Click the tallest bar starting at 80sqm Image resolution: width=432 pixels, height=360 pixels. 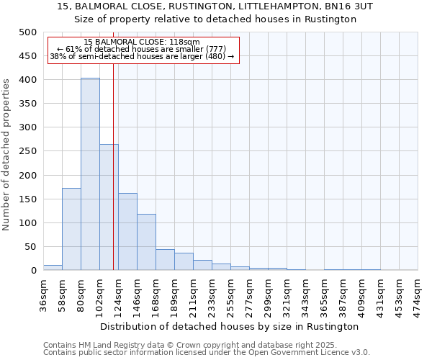pyautogui.click(x=90, y=174)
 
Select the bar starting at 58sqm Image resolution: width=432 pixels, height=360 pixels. pyautogui.click(x=71, y=229)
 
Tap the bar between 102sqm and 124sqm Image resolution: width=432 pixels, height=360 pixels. pyautogui.click(x=109, y=207)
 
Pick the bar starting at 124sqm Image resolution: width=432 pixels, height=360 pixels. pyautogui.click(x=127, y=232)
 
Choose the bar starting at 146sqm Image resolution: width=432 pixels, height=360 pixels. pyautogui.click(x=146, y=243)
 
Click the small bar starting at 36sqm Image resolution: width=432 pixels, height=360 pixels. pyautogui.click(x=53, y=268)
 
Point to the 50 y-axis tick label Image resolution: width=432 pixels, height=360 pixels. pyautogui.click(x=30, y=247)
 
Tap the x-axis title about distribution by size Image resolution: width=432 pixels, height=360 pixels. pyautogui.click(x=230, y=326)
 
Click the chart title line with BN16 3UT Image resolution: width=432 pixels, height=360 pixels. pyautogui.click(x=215, y=6)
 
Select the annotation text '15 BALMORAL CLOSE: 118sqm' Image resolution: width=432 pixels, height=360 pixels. pyautogui.click(x=141, y=42)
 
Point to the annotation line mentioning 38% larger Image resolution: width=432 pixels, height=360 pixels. pyautogui.click(x=141, y=56)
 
